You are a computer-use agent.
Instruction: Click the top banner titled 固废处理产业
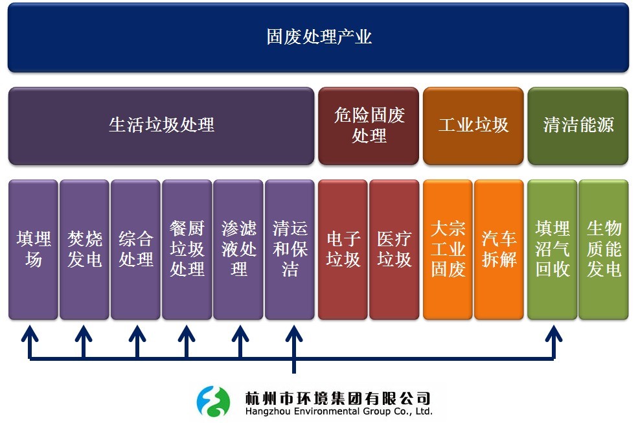click(x=318, y=38)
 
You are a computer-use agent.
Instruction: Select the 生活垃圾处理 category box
click(x=161, y=126)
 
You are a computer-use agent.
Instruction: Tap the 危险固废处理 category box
click(x=369, y=126)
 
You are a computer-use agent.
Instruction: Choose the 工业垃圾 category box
click(x=473, y=126)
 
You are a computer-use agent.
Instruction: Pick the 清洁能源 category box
click(x=578, y=126)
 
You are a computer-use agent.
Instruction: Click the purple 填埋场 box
click(x=33, y=249)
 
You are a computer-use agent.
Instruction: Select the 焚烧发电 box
click(x=84, y=249)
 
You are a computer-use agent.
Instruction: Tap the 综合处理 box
click(x=135, y=249)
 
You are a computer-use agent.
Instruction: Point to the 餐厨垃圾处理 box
click(x=187, y=249)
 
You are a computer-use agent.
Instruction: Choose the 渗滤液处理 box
click(x=238, y=249)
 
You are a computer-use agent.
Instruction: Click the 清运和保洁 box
click(x=290, y=249)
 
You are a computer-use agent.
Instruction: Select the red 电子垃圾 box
click(x=343, y=249)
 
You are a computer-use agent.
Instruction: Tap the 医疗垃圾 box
click(x=394, y=249)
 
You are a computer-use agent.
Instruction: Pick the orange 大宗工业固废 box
click(x=448, y=249)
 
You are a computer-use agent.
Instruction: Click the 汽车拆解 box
click(x=499, y=249)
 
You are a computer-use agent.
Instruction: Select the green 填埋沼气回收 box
click(x=552, y=249)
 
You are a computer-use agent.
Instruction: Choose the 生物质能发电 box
click(x=604, y=249)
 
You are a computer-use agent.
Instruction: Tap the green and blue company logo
click(x=213, y=402)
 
